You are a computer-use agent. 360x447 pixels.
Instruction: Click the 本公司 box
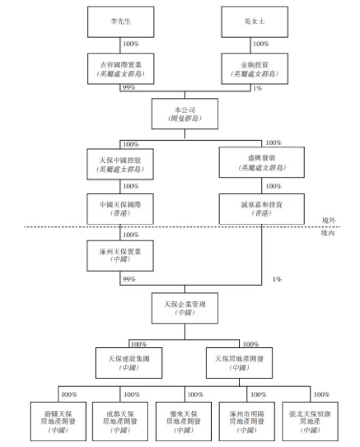click(184, 114)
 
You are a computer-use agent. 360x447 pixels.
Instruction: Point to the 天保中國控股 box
click(120, 164)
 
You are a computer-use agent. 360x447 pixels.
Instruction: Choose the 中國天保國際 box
click(120, 208)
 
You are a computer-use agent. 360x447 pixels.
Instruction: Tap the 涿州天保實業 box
click(120, 255)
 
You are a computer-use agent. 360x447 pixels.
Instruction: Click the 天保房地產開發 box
click(240, 362)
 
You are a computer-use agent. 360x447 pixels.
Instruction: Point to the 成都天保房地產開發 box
click(120, 419)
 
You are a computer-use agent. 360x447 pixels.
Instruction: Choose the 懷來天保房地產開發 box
click(183, 419)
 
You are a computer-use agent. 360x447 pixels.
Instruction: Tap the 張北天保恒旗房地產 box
click(309, 419)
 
